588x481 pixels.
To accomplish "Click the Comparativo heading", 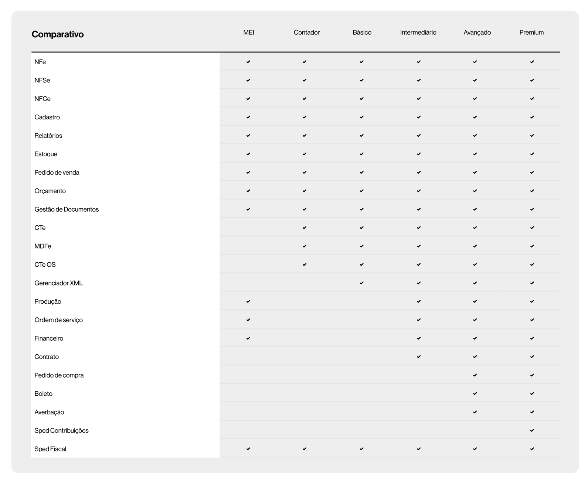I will coord(58,34).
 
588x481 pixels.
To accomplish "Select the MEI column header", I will coord(249,33).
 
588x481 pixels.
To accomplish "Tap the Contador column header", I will coord(306,33).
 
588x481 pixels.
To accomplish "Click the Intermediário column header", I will coord(418,33).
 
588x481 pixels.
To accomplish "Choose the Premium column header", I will coord(531,33).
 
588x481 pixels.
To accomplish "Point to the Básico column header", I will coord(362,33).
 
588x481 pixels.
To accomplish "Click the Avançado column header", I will coord(477,33).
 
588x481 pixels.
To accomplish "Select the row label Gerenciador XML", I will coord(58,283).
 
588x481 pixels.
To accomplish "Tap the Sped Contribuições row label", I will coord(61,430).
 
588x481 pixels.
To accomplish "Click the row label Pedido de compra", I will coord(59,375).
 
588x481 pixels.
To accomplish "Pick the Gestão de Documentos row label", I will coord(67,209).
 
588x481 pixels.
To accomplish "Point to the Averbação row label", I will coord(49,412).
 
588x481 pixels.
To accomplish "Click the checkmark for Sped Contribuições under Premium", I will coord(532,430).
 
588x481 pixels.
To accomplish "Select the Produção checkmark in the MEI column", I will coord(248,301).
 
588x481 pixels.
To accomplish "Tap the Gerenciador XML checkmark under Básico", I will coord(361,283).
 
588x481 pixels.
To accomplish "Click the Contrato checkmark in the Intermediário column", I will coord(419,357).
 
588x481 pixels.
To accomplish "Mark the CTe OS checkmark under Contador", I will coord(305,265).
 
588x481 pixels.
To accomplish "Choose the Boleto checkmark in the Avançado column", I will coord(475,393).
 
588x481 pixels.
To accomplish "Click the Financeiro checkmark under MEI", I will coord(248,338).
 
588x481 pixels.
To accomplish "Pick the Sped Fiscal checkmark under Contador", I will coord(305,449).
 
